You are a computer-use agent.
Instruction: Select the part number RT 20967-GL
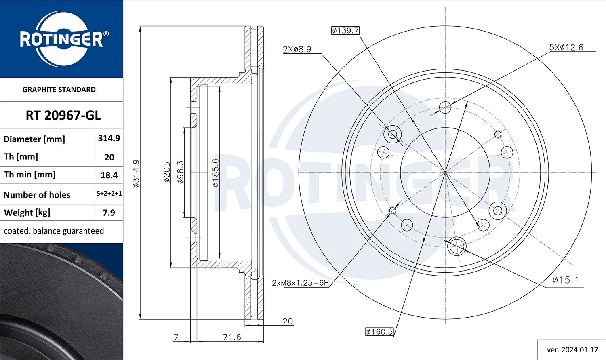[x=63, y=116]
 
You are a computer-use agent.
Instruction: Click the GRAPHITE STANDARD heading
[x=59, y=90]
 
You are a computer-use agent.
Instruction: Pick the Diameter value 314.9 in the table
[x=109, y=138]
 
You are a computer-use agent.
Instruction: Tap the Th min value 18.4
[x=109, y=175]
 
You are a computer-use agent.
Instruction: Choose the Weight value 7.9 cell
[x=109, y=213]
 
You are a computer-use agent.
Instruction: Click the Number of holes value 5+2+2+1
[x=109, y=194]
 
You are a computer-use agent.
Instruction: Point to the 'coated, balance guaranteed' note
[x=54, y=231]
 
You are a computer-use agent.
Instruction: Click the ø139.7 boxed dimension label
[x=345, y=31]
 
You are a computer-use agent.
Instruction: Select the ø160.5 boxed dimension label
[x=379, y=332]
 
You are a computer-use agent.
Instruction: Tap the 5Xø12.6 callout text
[x=566, y=47]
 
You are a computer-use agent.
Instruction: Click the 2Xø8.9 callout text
[x=297, y=49]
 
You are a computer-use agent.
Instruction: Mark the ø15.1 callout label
[x=566, y=280]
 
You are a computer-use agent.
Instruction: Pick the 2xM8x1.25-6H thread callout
[x=300, y=283]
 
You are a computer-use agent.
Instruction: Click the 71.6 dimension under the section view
[x=232, y=337]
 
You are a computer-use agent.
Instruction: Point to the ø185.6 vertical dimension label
[x=216, y=173]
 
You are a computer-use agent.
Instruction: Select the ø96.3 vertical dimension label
[x=181, y=173]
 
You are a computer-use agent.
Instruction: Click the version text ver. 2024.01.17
[x=572, y=349]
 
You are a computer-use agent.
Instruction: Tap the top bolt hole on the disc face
[x=445, y=107]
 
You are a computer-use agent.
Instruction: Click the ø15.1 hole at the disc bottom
[x=457, y=246]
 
